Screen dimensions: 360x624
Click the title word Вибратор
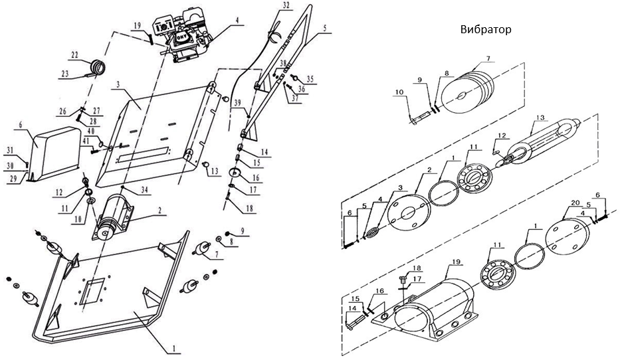pos(486,31)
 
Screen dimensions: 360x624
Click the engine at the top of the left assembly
pos(183,40)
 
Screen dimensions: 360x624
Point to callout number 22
pos(74,54)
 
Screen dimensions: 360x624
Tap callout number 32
pos(286,5)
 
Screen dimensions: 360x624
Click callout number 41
pos(86,141)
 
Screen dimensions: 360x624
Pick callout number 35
pos(310,78)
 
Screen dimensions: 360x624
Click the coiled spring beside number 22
pos(98,66)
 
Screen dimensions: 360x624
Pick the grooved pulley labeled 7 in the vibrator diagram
pos(474,86)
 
